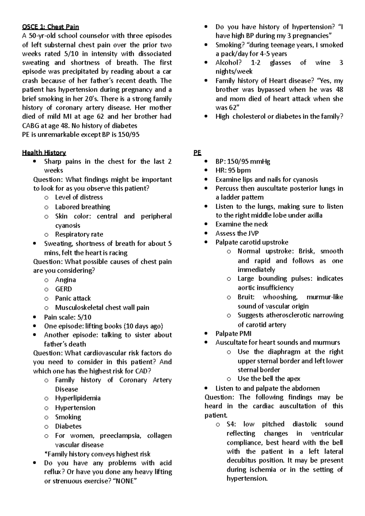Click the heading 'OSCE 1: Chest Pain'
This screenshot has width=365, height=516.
(50, 27)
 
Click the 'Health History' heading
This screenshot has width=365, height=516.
(44, 153)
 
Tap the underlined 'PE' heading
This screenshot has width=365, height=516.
(197, 153)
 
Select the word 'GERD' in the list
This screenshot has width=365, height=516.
(63, 289)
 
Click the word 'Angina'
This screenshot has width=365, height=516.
(65, 280)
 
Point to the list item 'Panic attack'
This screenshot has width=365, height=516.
(73, 298)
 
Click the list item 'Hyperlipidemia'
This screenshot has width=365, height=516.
(78, 398)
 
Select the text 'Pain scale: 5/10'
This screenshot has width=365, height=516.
(68, 317)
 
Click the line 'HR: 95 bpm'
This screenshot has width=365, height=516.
(233, 170)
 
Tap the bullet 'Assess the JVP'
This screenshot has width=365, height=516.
(237, 233)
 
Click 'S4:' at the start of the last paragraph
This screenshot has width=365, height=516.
(231, 424)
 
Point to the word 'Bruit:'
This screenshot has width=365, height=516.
(246, 297)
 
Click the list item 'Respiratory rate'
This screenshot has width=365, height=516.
(79, 234)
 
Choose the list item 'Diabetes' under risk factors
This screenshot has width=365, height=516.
(68, 426)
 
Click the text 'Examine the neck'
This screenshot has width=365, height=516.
(242, 224)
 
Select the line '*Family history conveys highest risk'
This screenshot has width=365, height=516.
(97, 454)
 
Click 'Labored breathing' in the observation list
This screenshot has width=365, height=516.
(82, 207)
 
